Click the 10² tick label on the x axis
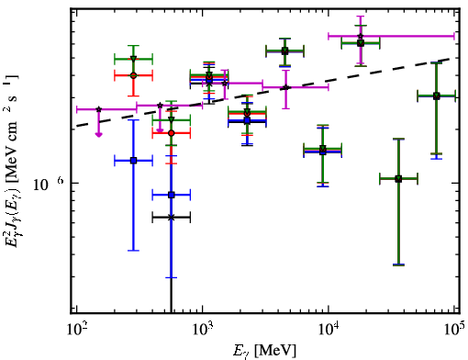point(76,329)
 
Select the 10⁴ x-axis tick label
point(329,329)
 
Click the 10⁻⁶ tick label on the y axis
point(49,184)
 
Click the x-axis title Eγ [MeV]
point(264,351)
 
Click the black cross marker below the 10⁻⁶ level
point(172,218)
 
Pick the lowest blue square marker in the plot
point(172,195)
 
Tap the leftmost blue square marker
point(133,161)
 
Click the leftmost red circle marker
point(133,75)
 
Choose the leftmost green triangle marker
point(133,59)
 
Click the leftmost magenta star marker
point(98,109)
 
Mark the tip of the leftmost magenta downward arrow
point(98,137)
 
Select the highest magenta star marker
point(361,36)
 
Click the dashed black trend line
point(263,92)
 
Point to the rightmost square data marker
point(437,96)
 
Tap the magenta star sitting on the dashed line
point(285,87)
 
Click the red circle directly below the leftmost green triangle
point(133,75)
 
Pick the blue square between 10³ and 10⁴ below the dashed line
point(247,120)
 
